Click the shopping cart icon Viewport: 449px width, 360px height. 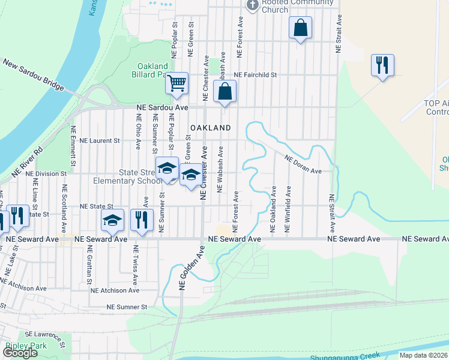click(177, 83)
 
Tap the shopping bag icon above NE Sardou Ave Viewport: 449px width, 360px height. click(225, 92)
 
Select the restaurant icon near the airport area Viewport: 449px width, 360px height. click(382, 64)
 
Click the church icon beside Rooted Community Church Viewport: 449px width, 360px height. click(253, 5)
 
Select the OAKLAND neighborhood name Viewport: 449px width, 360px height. click(211, 128)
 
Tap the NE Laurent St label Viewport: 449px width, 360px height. click(99, 140)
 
